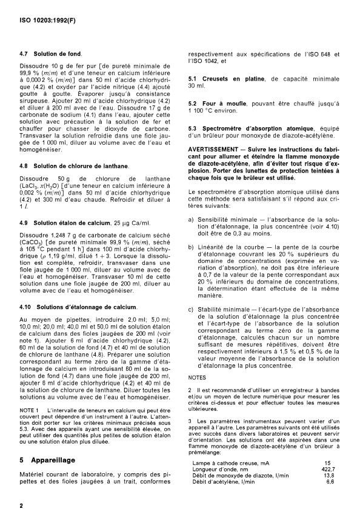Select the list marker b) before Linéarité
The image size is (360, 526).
[x=191, y=248]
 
